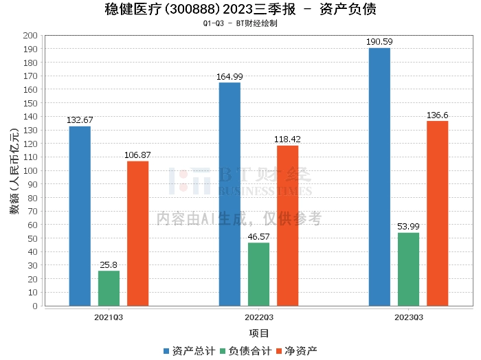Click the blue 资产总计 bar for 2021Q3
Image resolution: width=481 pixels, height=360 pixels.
(80, 216)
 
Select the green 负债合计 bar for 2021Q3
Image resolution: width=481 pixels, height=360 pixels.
(109, 288)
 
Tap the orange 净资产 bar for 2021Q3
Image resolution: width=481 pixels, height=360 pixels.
(137, 233)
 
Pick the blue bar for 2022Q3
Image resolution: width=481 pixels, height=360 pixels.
(230, 194)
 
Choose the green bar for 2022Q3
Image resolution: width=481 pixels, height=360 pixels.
(258, 274)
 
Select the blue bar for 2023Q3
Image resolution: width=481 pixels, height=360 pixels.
(379, 177)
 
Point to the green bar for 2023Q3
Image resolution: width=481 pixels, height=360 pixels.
(408, 269)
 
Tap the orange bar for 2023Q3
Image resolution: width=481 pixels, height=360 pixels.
(437, 213)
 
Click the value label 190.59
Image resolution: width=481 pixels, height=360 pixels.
(379, 42)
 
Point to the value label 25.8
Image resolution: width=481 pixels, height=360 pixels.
(109, 265)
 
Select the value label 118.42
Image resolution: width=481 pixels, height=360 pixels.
(287, 139)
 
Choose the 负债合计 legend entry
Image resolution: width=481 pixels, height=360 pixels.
(245, 350)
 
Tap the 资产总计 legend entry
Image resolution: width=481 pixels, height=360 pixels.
(189, 350)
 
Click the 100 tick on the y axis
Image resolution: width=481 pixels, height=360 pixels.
(30, 170)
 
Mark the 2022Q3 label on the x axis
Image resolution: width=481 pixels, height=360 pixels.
(258, 317)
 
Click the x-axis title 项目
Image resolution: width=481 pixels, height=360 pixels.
(258, 333)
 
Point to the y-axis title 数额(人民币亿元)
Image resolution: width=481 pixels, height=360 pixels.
(14, 170)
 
